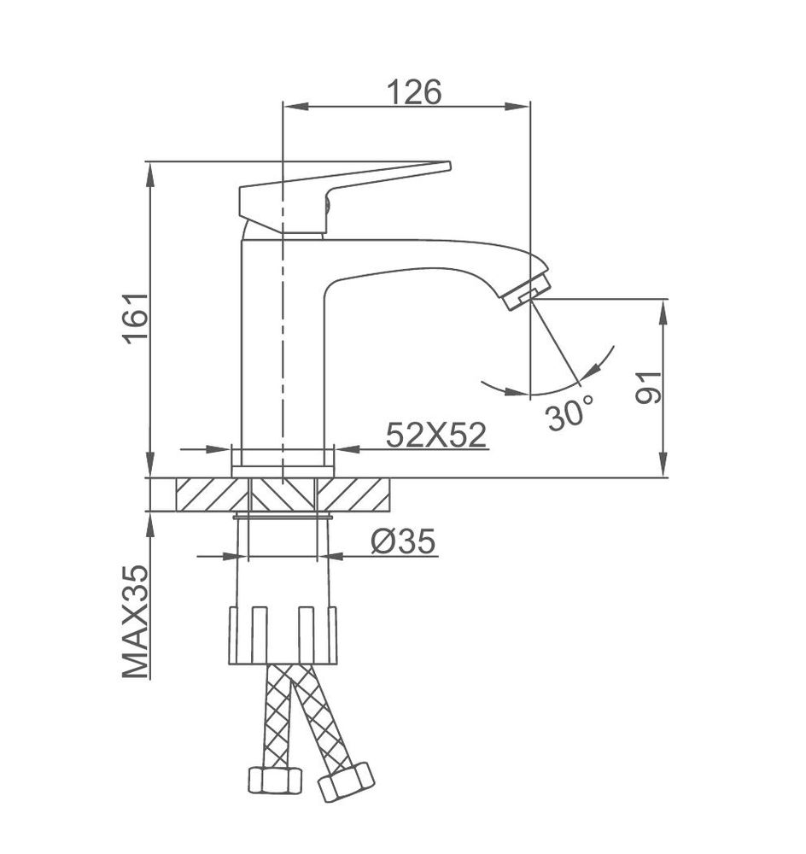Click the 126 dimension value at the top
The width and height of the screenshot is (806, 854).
(x=414, y=92)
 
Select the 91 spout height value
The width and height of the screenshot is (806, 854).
(x=648, y=387)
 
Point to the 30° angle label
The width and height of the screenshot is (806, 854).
(x=569, y=413)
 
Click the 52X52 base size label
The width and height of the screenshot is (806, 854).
(x=435, y=435)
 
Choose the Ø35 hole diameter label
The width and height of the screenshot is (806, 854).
(x=404, y=541)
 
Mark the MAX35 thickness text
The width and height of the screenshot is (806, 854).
(x=136, y=622)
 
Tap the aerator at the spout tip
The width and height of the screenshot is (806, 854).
(x=526, y=292)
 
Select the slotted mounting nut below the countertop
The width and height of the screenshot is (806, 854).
(x=283, y=635)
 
